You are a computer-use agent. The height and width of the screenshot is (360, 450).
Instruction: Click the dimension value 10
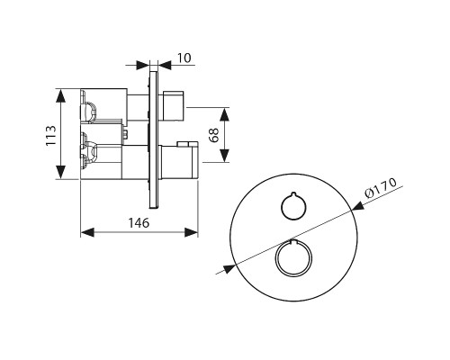pos(184,58)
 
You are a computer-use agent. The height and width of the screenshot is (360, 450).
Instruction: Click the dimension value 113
pos(51,135)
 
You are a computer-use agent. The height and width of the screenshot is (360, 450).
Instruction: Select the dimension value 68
pos(214,135)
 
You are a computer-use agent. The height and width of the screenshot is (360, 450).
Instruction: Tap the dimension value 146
pos(139,223)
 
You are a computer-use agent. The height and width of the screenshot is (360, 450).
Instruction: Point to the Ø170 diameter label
pos(381,187)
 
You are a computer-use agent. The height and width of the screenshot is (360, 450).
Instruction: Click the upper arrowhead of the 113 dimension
pos(60,96)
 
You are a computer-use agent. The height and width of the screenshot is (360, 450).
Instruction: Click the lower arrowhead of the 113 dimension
pos(60,172)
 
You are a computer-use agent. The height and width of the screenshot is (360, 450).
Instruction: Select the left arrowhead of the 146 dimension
pos(87,232)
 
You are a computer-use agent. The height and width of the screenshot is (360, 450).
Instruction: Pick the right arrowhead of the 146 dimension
pos(191,232)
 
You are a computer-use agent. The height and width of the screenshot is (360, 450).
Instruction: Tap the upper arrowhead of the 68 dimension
pos(224,114)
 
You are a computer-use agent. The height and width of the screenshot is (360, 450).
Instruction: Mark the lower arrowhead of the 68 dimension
pos(224,155)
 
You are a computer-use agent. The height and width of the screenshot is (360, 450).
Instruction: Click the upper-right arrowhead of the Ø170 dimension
pos(358,206)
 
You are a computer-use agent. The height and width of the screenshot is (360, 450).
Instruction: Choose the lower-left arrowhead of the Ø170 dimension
pos(229,268)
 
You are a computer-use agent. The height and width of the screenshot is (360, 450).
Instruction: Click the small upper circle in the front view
pos(293,206)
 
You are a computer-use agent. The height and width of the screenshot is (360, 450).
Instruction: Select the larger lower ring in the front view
pos(293,258)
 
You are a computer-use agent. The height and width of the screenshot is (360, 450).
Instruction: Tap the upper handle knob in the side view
pos(174,105)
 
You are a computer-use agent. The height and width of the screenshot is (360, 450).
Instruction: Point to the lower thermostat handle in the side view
pos(179,160)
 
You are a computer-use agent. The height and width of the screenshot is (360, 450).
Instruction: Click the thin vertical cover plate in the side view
pos(153,139)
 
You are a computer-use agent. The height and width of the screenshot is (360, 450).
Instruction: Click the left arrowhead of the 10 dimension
pos(143,65)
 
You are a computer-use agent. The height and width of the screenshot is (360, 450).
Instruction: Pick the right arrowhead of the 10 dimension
pos(165,65)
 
